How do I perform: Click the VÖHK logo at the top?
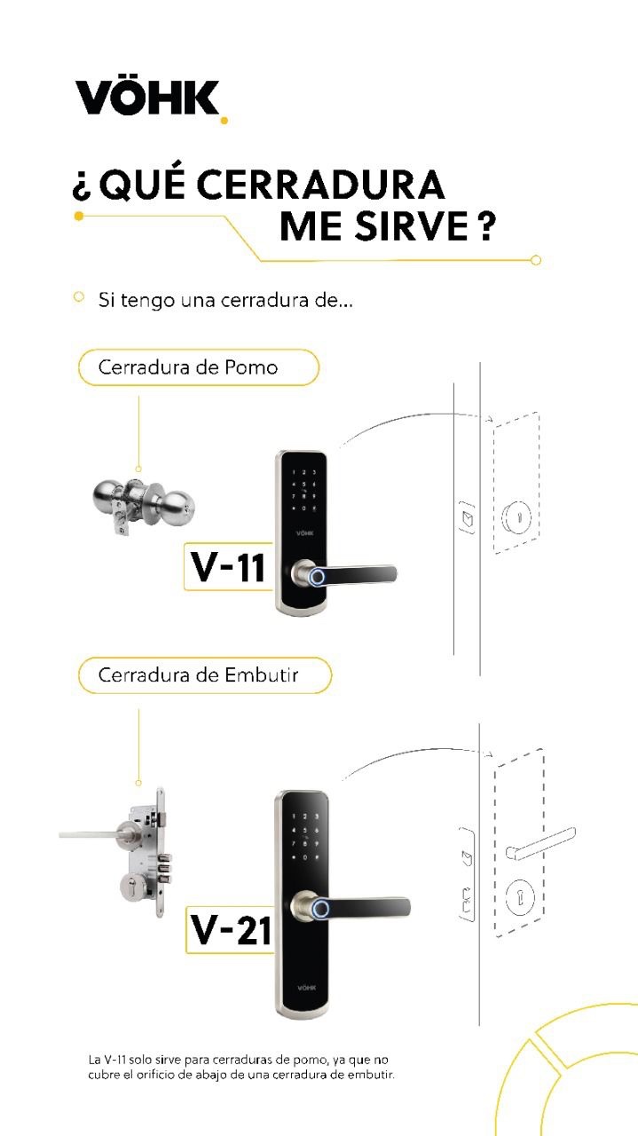(x=147, y=98)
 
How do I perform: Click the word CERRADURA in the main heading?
(x=319, y=185)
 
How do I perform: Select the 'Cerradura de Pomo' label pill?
(x=198, y=367)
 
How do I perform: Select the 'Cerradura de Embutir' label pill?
(x=204, y=675)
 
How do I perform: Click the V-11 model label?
(x=229, y=566)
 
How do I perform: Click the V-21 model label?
(x=231, y=929)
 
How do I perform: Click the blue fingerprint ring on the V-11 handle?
(x=317, y=578)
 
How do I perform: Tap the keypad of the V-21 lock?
(x=305, y=836)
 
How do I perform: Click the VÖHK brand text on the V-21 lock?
(x=306, y=988)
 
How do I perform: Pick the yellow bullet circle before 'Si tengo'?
(x=79, y=297)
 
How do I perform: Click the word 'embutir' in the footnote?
(x=372, y=1075)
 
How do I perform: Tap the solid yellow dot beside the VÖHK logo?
(x=224, y=119)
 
